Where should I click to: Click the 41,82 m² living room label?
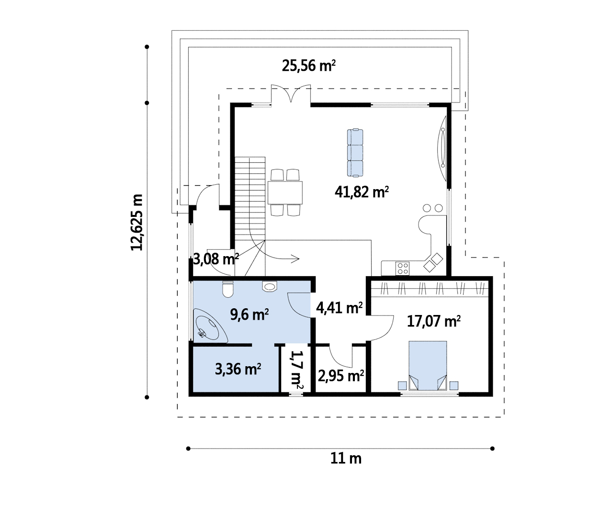(362, 192)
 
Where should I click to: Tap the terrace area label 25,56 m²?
(308, 66)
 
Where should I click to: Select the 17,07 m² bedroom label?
(433, 321)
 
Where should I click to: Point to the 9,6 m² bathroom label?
(249, 315)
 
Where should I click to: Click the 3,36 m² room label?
(238, 369)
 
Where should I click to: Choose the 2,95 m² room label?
(341, 376)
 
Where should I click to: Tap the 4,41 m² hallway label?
(339, 308)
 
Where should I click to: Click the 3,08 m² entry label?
(216, 259)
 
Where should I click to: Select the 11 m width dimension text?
(346, 458)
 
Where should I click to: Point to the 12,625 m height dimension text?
(136, 222)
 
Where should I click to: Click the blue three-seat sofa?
(355, 153)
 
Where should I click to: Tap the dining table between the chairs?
(285, 193)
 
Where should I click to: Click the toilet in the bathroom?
(228, 289)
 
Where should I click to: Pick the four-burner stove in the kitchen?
(402, 269)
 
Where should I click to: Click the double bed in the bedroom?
(428, 366)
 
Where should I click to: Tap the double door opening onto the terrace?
(291, 94)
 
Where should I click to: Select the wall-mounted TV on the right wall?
(442, 148)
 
